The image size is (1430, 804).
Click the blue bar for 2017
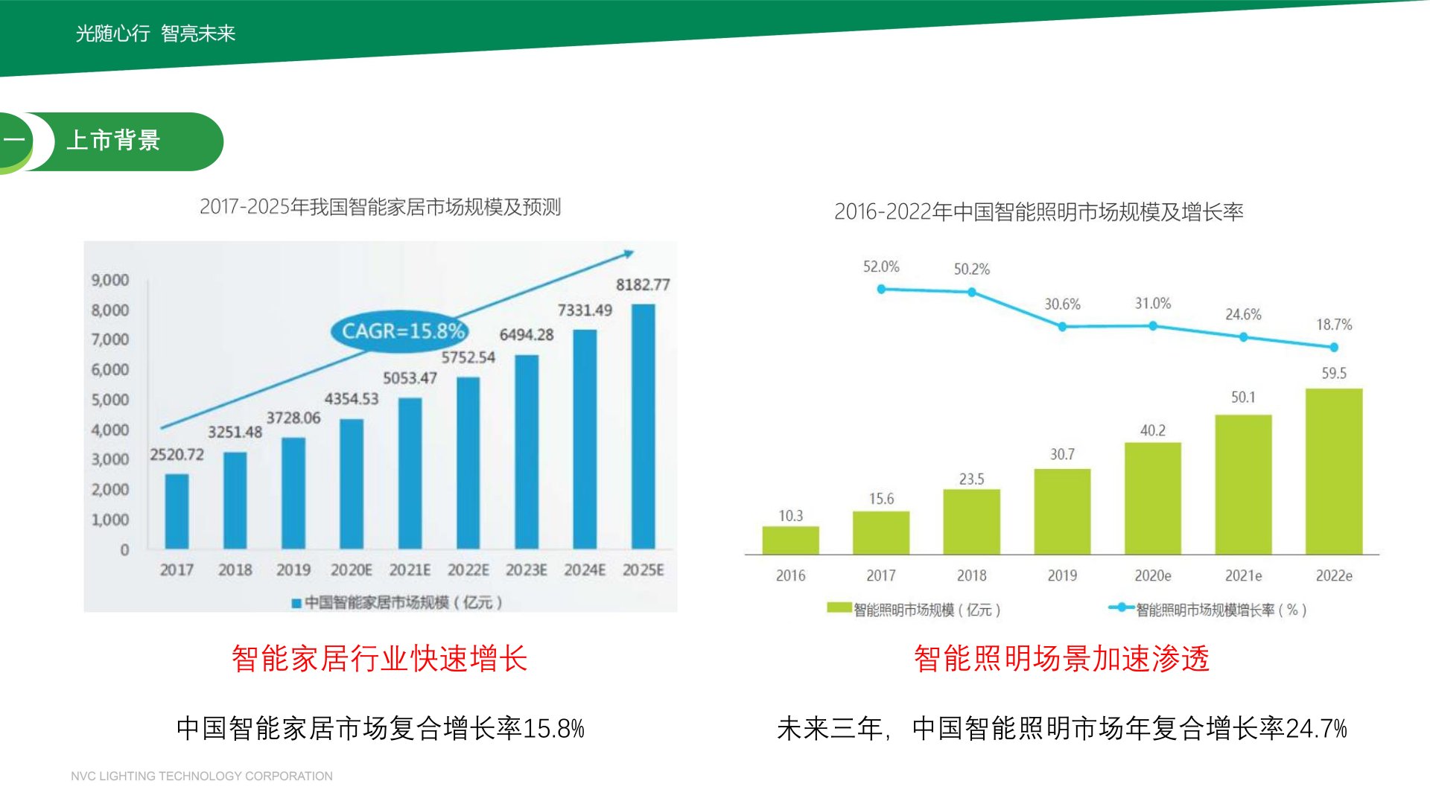click(177, 511)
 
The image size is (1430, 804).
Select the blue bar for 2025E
click(643, 427)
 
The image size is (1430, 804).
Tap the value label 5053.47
click(410, 378)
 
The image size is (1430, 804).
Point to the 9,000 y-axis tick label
click(110, 280)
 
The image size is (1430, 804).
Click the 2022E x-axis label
click(468, 570)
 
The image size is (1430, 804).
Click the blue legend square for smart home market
click(296, 603)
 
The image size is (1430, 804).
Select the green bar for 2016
click(790, 540)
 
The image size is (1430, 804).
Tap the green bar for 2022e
click(1333, 471)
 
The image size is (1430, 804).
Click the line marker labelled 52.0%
click(881, 289)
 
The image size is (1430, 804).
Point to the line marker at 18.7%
click(1334, 347)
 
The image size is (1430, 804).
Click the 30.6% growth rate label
click(1062, 304)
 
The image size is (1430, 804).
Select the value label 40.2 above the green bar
click(1152, 430)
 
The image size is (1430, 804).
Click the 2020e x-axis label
click(1152, 575)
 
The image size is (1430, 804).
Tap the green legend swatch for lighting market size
click(839, 608)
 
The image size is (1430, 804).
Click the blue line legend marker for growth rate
click(1121, 607)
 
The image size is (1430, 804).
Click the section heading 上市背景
click(114, 141)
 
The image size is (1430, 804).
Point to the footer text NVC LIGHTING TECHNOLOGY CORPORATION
click(202, 776)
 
